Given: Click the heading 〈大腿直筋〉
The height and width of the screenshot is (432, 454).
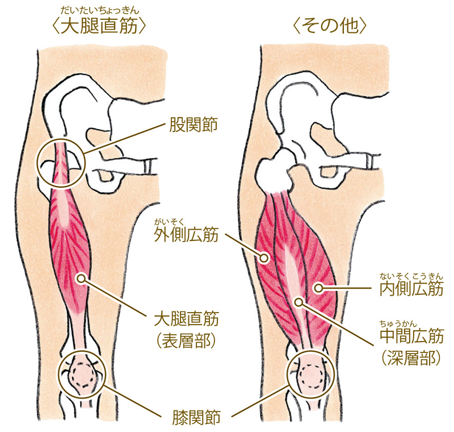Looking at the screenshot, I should point(100,26).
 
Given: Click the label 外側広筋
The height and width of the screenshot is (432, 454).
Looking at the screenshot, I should point(186,236).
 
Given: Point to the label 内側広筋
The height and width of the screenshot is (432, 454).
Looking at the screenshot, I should point(411,289).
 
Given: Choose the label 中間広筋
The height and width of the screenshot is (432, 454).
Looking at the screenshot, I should point(411,337).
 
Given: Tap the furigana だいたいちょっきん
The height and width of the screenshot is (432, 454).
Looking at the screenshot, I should point(100,9).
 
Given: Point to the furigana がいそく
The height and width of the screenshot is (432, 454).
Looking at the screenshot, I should point(170,221).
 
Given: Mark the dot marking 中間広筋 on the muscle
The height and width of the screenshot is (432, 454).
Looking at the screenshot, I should point(298,300).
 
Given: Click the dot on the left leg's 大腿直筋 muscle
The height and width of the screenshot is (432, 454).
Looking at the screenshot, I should point(83,278).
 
